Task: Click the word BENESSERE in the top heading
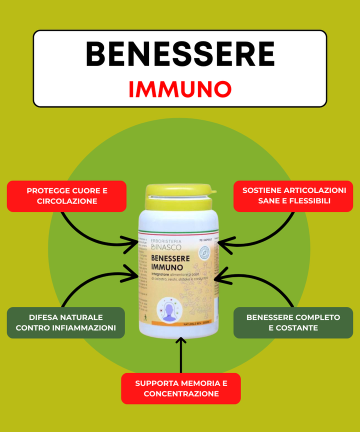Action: [x=180, y=54]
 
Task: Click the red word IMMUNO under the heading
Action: [x=180, y=89]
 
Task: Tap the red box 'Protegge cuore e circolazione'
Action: [x=66, y=196]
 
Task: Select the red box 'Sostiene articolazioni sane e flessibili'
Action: [x=294, y=196]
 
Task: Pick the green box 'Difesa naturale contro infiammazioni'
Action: [x=66, y=322]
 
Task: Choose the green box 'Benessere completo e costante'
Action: [x=293, y=322]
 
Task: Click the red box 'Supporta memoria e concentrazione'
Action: [x=181, y=388]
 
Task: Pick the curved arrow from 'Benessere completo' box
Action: [x=270, y=285]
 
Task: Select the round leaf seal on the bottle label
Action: [x=204, y=253]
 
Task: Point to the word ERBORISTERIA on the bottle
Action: [x=166, y=241]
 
